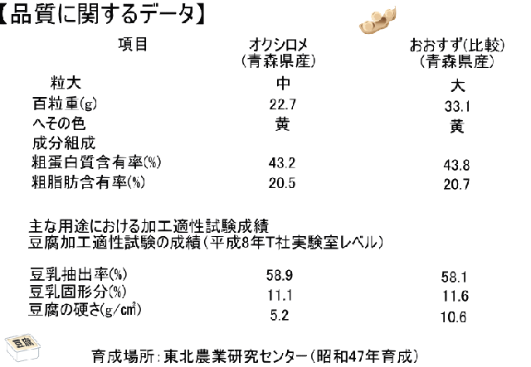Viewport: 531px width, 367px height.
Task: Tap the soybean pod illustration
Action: (377, 21)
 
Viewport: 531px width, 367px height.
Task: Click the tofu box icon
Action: (23, 347)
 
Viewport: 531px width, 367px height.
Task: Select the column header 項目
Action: (133, 45)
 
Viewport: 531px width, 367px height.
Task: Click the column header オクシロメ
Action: (279, 45)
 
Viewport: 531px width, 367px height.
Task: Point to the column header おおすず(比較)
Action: (457, 46)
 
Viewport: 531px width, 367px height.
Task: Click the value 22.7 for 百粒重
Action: (283, 104)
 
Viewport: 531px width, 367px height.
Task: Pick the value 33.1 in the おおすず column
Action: (457, 107)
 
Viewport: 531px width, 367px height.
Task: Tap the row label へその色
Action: (59, 123)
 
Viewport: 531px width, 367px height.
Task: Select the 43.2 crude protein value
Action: (282, 163)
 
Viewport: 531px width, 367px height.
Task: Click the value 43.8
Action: (456, 166)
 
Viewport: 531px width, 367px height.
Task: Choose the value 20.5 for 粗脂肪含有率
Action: (282, 183)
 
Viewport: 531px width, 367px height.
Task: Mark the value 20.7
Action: (456, 185)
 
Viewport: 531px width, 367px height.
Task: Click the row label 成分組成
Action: (64, 143)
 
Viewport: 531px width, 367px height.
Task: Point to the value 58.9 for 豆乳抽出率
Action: (280, 276)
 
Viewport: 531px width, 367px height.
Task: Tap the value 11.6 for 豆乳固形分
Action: (455, 297)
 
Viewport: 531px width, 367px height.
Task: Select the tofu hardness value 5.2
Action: (280, 316)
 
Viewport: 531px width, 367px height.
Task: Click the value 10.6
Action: (454, 317)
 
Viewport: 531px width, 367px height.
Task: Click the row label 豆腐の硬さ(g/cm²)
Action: (85, 310)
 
